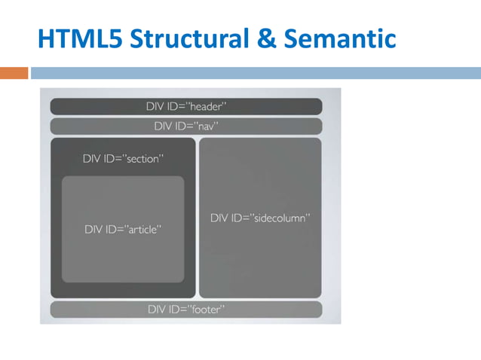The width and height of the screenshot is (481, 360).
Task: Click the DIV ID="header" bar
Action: [x=186, y=106]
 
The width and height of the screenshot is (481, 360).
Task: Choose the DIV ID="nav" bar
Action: [x=186, y=126]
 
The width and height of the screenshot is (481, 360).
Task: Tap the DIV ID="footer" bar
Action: [x=186, y=309]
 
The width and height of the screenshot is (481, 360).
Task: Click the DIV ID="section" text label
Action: [x=123, y=159]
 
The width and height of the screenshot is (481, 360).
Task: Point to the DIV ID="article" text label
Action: [x=123, y=229]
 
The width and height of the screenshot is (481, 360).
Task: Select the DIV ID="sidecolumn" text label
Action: [x=260, y=218]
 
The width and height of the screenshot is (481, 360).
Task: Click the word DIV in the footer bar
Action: [x=156, y=309]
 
